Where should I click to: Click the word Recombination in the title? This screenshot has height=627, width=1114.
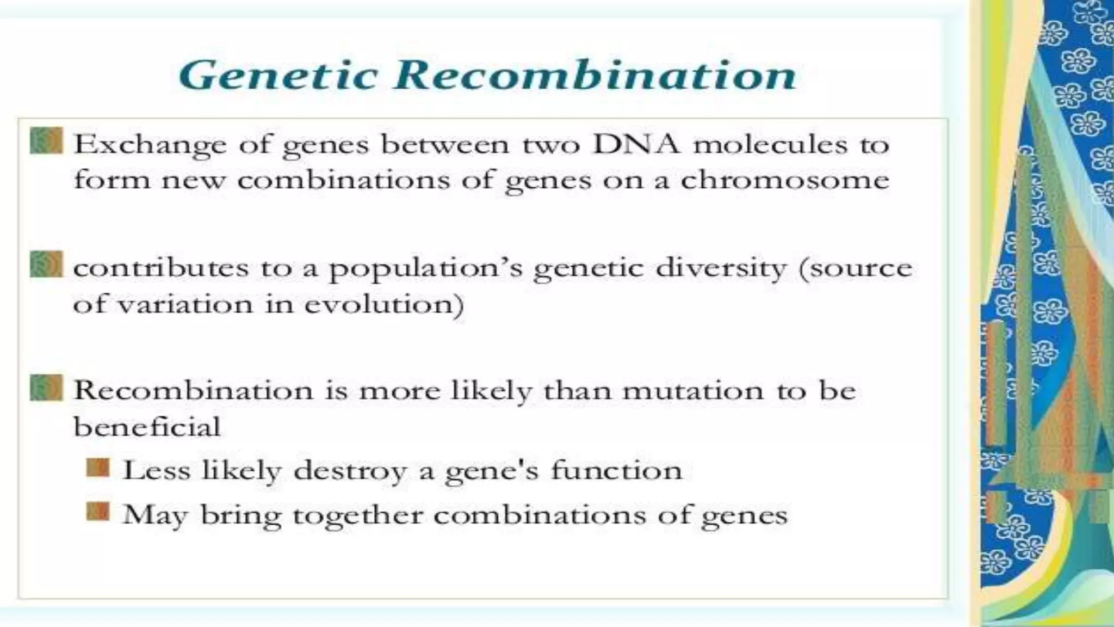595,75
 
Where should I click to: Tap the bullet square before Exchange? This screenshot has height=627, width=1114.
46,141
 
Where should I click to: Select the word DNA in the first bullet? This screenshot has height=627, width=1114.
636,145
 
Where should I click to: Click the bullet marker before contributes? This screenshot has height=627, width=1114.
46,264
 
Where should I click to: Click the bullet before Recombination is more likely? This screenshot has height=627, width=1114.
46,388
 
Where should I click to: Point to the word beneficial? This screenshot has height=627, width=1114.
147,426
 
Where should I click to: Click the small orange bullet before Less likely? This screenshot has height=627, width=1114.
98,468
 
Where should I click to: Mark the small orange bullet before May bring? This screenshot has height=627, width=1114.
98,512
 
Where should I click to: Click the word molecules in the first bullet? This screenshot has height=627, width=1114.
770,145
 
